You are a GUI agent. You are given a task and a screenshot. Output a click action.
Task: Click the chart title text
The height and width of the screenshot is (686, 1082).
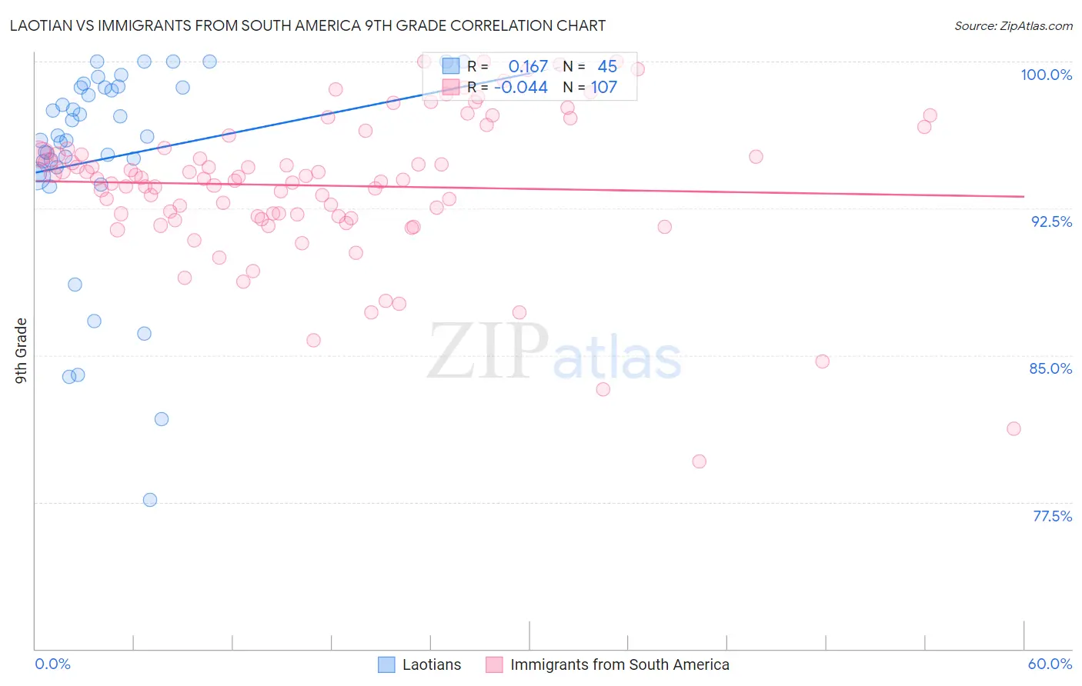[308, 25]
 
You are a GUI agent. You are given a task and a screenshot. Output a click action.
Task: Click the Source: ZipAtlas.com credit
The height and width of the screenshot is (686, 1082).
[1013, 25]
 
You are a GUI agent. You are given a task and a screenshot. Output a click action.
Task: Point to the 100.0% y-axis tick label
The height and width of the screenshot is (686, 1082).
[1046, 75]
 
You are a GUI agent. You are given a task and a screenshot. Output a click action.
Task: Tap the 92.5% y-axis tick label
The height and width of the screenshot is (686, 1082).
[1051, 221]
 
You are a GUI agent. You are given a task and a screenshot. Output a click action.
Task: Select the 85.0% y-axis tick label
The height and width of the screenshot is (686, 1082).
[1050, 368]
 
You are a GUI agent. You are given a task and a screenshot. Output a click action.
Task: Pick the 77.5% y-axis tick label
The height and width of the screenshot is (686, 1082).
[1052, 516]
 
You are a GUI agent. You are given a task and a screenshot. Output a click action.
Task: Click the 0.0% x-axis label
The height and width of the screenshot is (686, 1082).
[52, 664]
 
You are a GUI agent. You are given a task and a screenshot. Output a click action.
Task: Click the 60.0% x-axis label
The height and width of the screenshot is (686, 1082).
[1050, 664]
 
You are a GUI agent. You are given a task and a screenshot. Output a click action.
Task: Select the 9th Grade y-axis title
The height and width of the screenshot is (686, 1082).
[22, 350]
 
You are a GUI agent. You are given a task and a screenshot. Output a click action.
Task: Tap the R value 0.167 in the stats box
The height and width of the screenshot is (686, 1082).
[528, 67]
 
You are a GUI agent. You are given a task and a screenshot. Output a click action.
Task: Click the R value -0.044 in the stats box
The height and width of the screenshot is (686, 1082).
[521, 88]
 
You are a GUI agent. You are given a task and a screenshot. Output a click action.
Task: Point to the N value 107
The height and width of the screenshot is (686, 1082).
[604, 88]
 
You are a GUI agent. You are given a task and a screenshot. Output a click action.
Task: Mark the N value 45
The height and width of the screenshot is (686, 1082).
[607, 67]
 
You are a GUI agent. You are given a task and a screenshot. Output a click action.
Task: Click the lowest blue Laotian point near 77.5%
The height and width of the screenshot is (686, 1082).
[150, 500]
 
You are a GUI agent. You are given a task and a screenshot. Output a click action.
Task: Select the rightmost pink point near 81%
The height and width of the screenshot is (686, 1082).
[1014, 428]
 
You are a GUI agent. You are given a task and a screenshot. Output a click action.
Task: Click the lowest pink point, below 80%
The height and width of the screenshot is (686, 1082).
[699, 461]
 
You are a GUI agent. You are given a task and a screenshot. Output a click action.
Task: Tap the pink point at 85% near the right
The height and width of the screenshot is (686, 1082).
[822, 361]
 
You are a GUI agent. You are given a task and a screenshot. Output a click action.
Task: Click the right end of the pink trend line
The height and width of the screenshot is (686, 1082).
[1024, 197]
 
